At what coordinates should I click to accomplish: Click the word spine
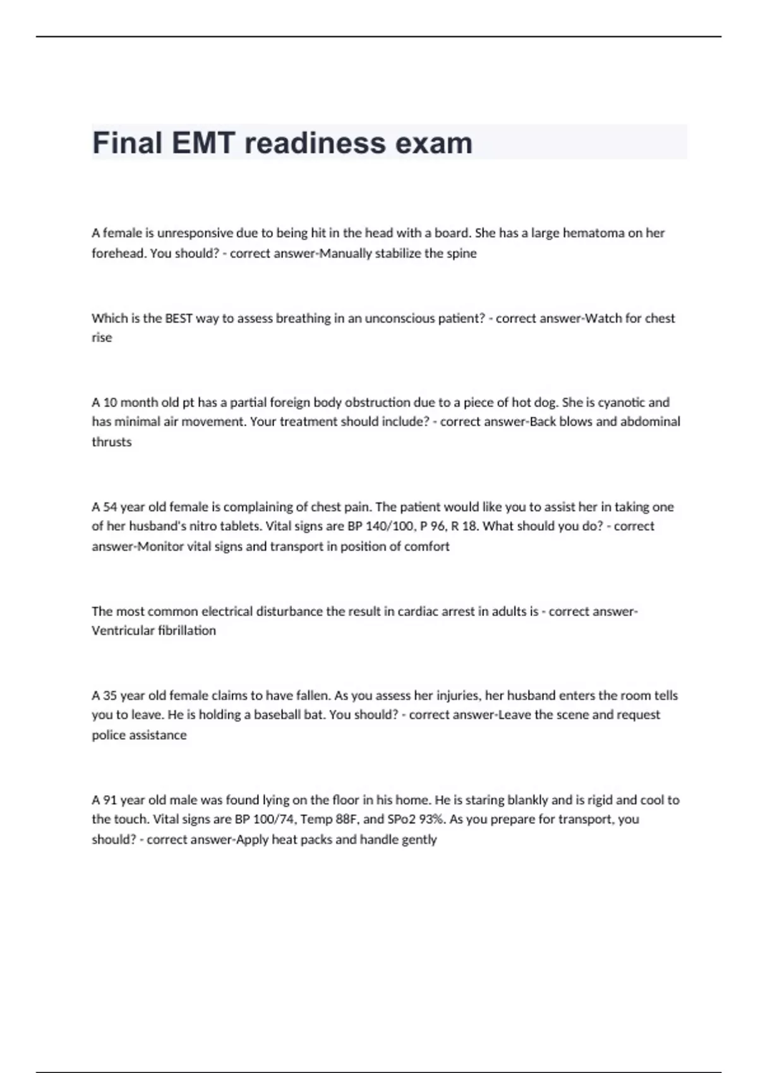point(462,253)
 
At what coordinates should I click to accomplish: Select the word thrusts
point(112,442)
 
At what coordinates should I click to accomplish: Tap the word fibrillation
point(187,631)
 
